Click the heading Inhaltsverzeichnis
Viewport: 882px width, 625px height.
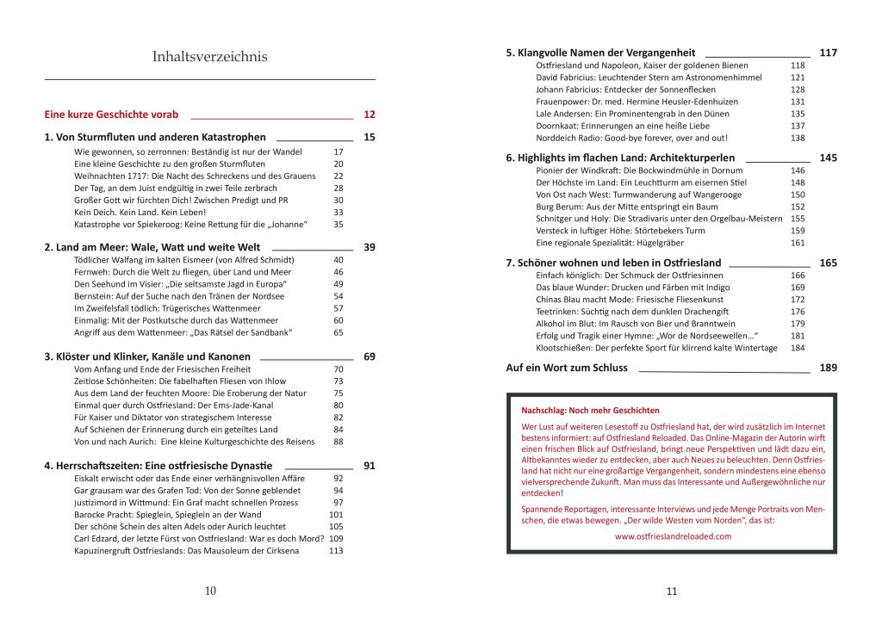pyautogui.click(x=209, y=57)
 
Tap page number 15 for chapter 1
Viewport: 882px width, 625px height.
pyautogui.click(x=370, y=137)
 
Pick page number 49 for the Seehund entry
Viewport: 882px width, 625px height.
pyautogui.click(x=338, y=284)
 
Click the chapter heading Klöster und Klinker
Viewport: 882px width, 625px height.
pyautogui.click(x=147, y=356)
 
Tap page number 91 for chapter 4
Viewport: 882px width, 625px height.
pyautogui.click(x=370, y=466)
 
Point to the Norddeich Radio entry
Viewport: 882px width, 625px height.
pyautogui.click(x=631, y=138)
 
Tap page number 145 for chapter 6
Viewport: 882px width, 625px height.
pyautogui.click(x=828, y=158)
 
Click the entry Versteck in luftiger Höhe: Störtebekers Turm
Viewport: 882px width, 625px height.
pyautogui.click(x=620, y=231)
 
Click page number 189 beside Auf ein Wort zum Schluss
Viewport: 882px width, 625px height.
pyautogui.click(x=828, y=368)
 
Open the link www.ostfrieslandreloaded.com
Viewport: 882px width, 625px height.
pyautogui.click(x=673, y=535)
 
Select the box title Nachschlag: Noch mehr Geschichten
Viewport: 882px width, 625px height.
pyautogui.click(x=590, y=411)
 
